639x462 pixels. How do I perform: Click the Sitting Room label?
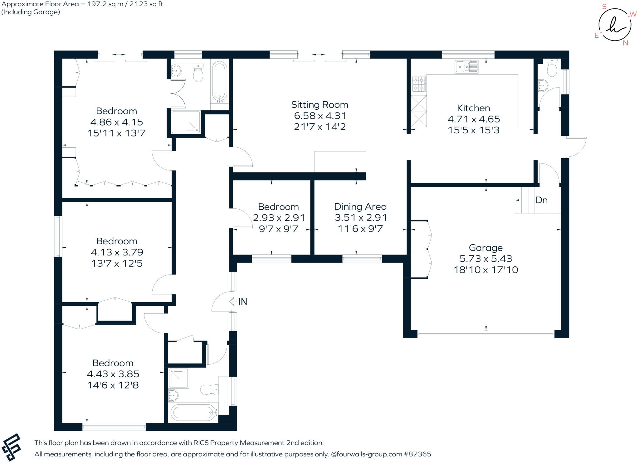tap(319, 105)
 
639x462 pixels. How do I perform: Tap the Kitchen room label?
tap(473, 108)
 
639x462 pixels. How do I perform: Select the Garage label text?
tap(486, 248)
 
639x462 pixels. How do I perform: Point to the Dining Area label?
tap(360, 207)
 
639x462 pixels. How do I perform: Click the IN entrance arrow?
tap(233, 301)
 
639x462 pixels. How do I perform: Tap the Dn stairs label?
tap(541, 200)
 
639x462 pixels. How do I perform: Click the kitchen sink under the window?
tap(466, 67)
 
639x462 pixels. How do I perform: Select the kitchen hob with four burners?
tap(419, 84)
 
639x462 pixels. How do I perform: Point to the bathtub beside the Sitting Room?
tap(220, 82)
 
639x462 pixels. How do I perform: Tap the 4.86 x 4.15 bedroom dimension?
tap(116, 122)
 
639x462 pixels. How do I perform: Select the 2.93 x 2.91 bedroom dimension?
tap(279, 218)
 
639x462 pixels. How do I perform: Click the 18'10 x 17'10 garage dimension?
tap(486, 270)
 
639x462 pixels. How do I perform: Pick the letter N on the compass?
tap(625, 43)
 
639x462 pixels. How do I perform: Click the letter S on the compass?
tap(604, 7)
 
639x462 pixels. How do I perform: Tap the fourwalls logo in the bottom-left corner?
tap(11, 447)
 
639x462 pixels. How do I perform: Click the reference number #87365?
tap(417, 454)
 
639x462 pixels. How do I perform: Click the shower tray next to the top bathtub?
tap(186, 122)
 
